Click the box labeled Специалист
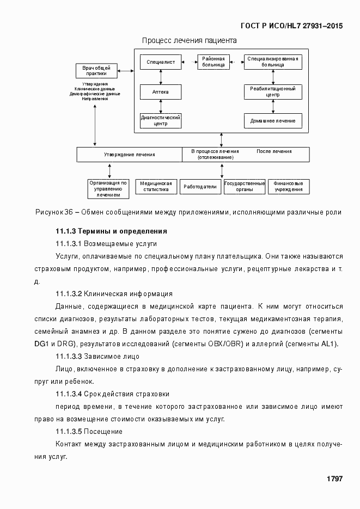click(x=161, y=63)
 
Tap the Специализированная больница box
click(x=273, y=62)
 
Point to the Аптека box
click(x=161, y=92)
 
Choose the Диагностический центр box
click(x=161, y=120)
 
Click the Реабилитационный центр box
click(x=273, y=91)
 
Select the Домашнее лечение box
click(x=273, y=120)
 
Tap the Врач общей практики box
click(x=96, y=71)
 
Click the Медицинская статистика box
click(x=156, y=187)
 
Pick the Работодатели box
click(x=200, y=187)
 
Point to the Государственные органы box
click(x=245, y=187)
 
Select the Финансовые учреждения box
click(x=289, y=187)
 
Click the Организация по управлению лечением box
click(x=108, y=188)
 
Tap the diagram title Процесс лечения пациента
click(x=189, y=40)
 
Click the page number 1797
click(x=334, y=479)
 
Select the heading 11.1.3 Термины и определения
click(x=107, y=231)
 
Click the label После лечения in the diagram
click(x=273, y=151)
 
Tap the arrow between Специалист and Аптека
click(x=161, y=77)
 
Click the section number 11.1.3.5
click(x=69, y=432)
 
